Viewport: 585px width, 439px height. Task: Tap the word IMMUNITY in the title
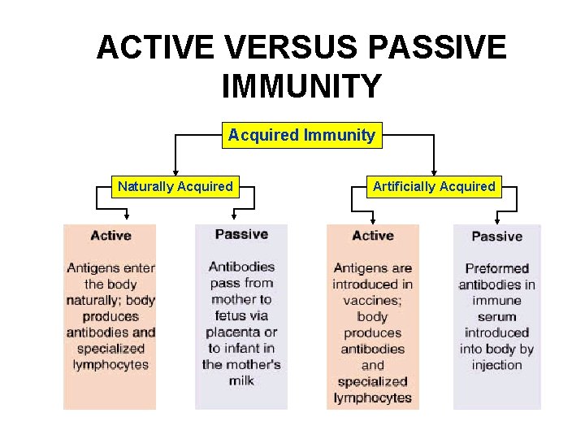pyautogui.click(x=301, y=86)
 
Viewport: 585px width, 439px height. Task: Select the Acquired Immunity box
pyautogui.click(x=301, y=135)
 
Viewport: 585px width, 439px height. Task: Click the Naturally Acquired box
pyautogui.click(x=175, y=186)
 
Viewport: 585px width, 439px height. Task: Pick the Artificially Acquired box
pyautogui.click(x=434, y=186)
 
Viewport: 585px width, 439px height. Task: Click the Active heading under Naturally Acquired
pyautogui.click(x=110, y=236)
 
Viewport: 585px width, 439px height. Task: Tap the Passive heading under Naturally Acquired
pyautogui.click(x=241, y=234)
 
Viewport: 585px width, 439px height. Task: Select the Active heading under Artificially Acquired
pyautogui.click(x=373, y=236)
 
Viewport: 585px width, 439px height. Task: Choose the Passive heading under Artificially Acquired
pyautogui.click(x=496, y=237)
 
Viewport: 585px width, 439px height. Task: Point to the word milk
pyautogui.click(x=241, y=380)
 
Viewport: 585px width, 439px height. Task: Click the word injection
pyautogui.click(x=496, y=365)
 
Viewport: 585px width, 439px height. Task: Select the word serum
pyautogui.click(x=496, y=316)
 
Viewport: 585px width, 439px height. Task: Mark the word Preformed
pyautogui.click(x=496, y=268)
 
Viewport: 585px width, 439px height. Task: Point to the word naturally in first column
pyautogui.click(x=95, y=300)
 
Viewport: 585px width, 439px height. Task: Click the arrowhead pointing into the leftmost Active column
pyautogui.click(x=127, y=216)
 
